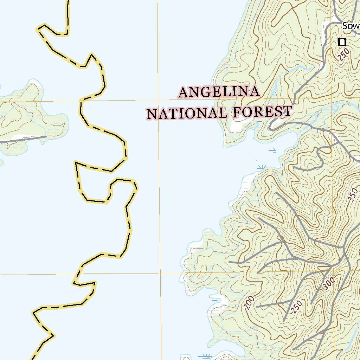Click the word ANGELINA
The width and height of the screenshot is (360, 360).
[219, 92]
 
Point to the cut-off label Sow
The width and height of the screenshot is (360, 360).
[351, 26]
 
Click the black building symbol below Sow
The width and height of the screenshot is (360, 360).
[342, 42]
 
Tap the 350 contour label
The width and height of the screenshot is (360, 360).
[353, 195]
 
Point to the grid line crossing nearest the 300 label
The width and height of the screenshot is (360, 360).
[333, 271]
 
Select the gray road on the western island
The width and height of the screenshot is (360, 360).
[21, 140]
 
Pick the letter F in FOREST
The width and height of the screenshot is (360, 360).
[236, 112]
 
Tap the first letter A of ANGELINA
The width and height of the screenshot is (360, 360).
[184, 92]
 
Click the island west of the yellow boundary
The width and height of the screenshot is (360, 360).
[28, 116]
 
